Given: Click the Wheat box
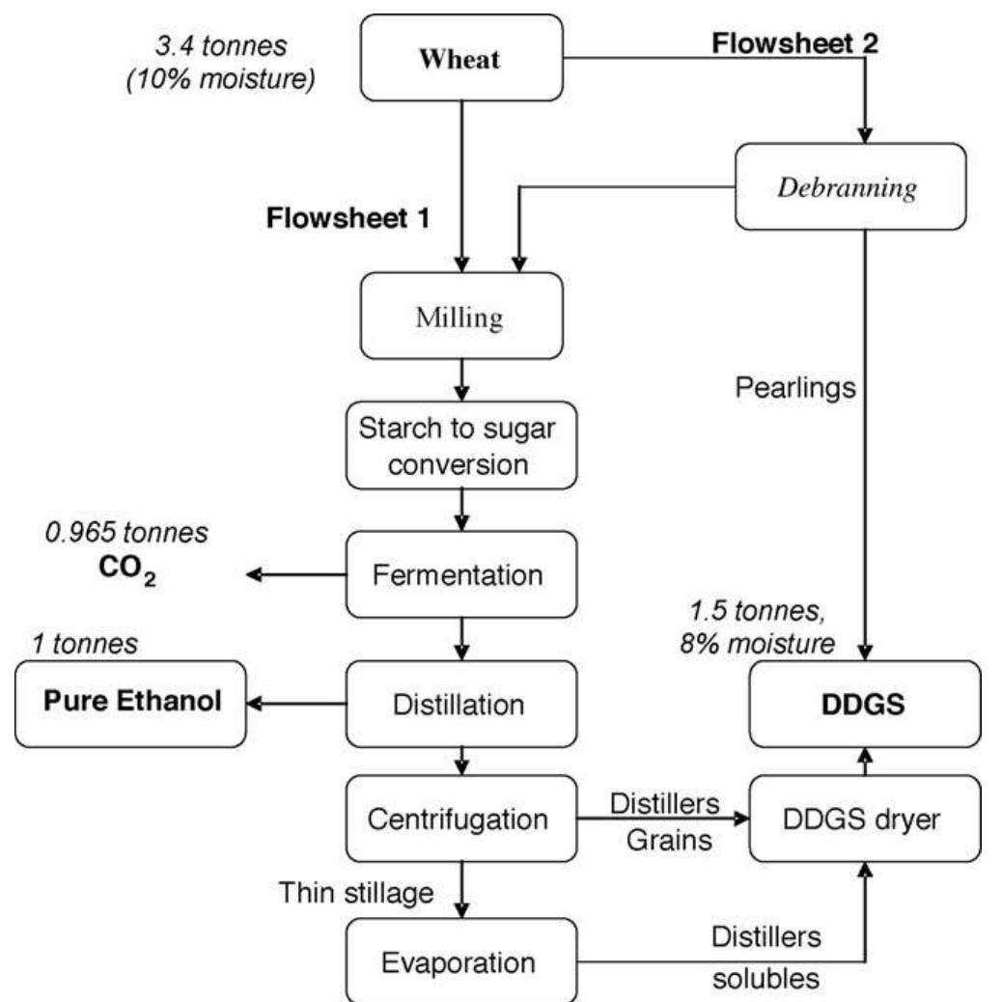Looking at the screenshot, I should [x=459, y=58].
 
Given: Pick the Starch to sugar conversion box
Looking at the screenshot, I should [x=459, y=446].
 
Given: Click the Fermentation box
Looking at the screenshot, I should [x=459, y=575].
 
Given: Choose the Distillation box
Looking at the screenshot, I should [x=459, y=704].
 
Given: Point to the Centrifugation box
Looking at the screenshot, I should [x=459, y=820].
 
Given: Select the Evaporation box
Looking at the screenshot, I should [x=459, y=960].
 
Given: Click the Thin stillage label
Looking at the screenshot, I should [x=354, y=894].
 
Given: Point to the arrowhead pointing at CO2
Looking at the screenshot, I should [x=254, y=575].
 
